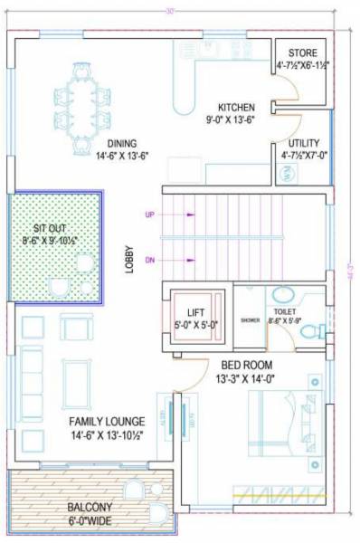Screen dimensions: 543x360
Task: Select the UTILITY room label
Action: tap(301, 143)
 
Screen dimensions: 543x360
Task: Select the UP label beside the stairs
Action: tap(150, 215)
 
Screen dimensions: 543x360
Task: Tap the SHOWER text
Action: tap(250, 320)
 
